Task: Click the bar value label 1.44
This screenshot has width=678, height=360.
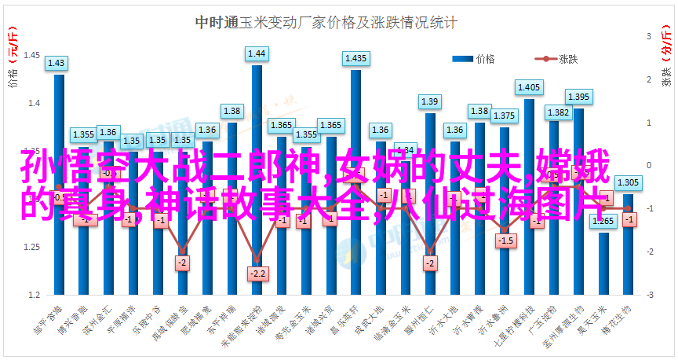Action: click(257, 53)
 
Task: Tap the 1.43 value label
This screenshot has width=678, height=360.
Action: click(56, 63)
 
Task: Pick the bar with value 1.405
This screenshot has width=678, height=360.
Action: click(529, 197)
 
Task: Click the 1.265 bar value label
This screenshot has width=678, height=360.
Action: click(603, 221)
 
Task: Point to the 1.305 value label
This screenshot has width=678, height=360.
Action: click(628, 182)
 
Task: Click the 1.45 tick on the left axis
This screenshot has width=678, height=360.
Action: click(32, 55)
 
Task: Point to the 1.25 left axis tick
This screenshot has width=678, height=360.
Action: click(32, 247)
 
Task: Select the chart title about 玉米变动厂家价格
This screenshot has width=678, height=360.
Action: click(326, 24)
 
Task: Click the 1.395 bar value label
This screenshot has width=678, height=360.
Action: click(578, 97)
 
